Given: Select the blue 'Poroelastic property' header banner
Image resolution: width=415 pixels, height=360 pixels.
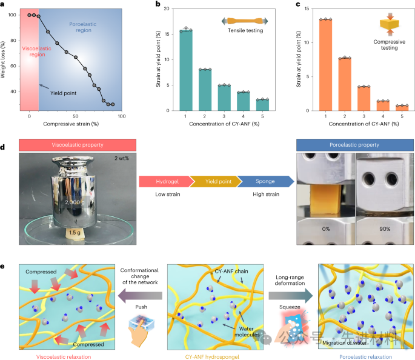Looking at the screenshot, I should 355,145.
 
